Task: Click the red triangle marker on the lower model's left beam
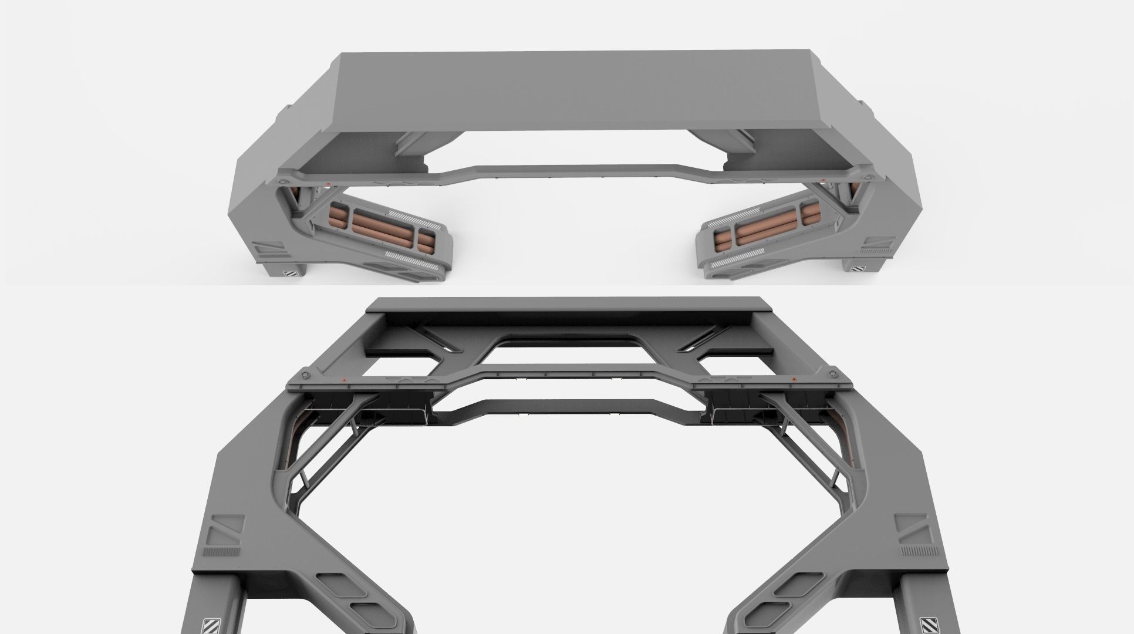click(x=345, y=380)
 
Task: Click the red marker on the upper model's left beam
click(x=329, y=184)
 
